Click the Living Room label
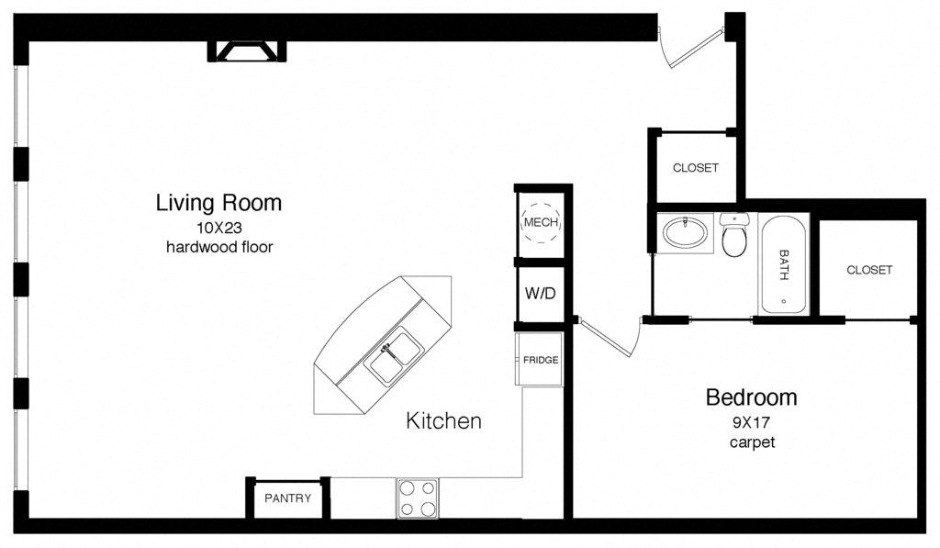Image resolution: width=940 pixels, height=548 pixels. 218,203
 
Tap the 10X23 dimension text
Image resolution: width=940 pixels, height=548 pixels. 218,228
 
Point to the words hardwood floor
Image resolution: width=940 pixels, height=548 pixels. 219,247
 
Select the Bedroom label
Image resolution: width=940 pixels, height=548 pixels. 751,397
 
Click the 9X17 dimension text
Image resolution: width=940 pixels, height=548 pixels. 751,422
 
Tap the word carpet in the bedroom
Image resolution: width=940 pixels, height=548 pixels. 753,442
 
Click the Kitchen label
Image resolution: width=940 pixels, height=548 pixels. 443,421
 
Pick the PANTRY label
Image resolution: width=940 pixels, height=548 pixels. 287,498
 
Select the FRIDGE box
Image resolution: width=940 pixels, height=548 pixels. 540,359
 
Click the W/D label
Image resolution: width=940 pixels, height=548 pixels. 540,293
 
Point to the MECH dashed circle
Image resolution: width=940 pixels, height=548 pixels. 541,222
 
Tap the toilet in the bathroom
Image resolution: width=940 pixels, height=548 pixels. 733,234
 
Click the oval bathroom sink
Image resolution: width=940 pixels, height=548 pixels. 685,232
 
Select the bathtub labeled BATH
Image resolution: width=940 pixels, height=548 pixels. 783,264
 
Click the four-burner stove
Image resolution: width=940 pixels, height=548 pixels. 418,498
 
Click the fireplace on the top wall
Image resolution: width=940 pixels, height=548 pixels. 247,51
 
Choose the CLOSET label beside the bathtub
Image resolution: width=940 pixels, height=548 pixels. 869,270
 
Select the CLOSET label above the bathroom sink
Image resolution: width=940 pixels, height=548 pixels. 696,168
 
